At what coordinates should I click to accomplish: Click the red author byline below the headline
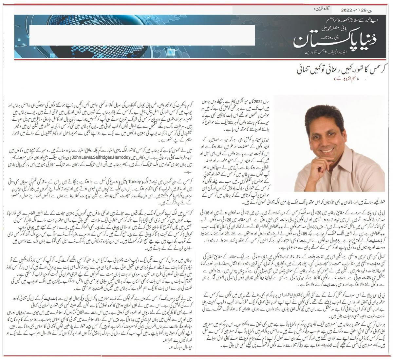[348, 79]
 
